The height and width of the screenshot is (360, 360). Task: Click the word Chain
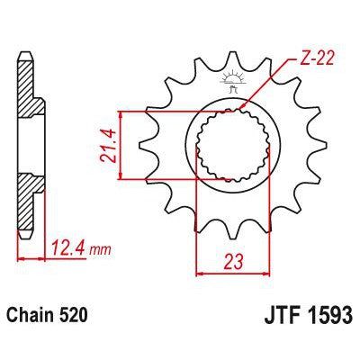click(29, 318)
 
